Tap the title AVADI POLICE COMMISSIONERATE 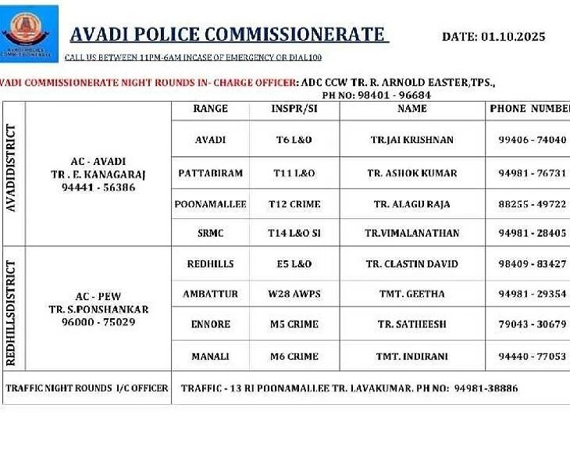click(227, 34)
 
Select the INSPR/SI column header click(294, 109)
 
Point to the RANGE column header click(210, 109)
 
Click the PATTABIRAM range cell click(210, 173)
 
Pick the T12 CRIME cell click(294, 204)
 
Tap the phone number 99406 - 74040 click(532, 140)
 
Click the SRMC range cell click(211, 233)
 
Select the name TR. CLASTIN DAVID click(412, 264)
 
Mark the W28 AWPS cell click(294, 294)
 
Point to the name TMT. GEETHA click(411, 294)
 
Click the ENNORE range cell click(211, 324)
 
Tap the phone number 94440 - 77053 click(532, 356)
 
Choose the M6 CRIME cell click(294, 356)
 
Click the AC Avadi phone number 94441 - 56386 click(98, 188)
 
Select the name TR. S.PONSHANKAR click(98, 309)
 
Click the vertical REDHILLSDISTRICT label click(13, 308)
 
